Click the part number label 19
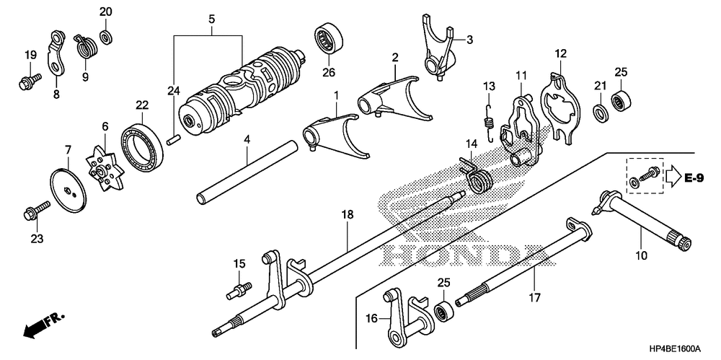pyautogui.click(x=30, y=55)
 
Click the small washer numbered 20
pyautogui.click(x=105, y=35)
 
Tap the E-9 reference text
pyautogui.click(x=694, y=178)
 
